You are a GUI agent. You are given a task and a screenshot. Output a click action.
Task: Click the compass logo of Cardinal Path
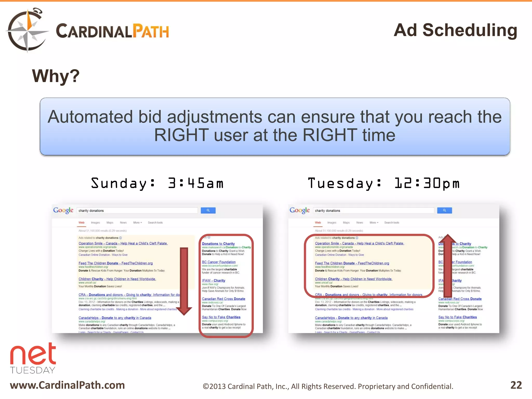coord(27,30)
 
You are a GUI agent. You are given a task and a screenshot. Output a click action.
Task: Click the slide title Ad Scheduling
coord(455,30)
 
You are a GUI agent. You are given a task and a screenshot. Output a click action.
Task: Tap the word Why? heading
coord(56,76)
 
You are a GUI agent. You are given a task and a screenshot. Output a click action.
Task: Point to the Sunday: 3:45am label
coord(157,183)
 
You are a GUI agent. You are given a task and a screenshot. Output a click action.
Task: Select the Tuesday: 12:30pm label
coord(384,183)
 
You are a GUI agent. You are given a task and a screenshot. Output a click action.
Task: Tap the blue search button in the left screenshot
coord(208,210)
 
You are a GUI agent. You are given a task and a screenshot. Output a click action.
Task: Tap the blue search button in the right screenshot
coord(444,210)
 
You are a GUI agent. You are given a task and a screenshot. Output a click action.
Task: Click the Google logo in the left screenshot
coord(63,210)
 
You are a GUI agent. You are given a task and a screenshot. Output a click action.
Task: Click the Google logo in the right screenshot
coord(300,210)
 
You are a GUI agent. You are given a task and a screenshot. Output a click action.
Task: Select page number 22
coord(516,385)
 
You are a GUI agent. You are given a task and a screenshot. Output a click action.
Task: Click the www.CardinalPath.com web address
coord(67,385)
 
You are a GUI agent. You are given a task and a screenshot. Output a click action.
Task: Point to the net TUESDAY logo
coord(33,358)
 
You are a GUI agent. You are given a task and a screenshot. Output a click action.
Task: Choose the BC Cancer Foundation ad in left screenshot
coord(219,262)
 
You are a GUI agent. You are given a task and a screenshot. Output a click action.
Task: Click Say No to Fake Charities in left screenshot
coord(221,317)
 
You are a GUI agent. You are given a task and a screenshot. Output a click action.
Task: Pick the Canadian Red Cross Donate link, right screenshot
coord(460,299)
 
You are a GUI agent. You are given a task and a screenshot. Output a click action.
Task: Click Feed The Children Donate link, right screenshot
coord(352,263)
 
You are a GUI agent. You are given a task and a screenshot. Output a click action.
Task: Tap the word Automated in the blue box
coord(90,117)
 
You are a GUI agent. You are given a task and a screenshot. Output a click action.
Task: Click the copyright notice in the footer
coord(328,387)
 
